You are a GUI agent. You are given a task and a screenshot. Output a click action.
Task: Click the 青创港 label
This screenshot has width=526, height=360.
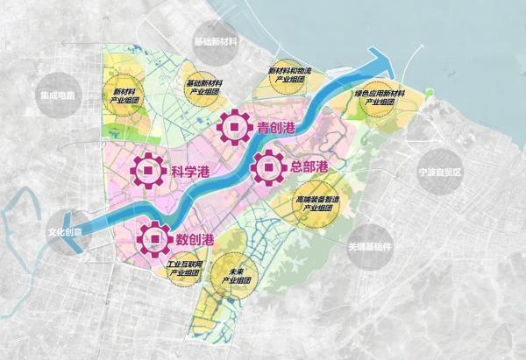277,129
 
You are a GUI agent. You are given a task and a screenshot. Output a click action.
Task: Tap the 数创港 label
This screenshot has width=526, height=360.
195,239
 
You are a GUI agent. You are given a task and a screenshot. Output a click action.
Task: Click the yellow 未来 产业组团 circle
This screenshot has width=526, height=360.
235,275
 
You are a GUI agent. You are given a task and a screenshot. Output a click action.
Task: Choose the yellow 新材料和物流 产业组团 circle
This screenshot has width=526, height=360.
289,77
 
